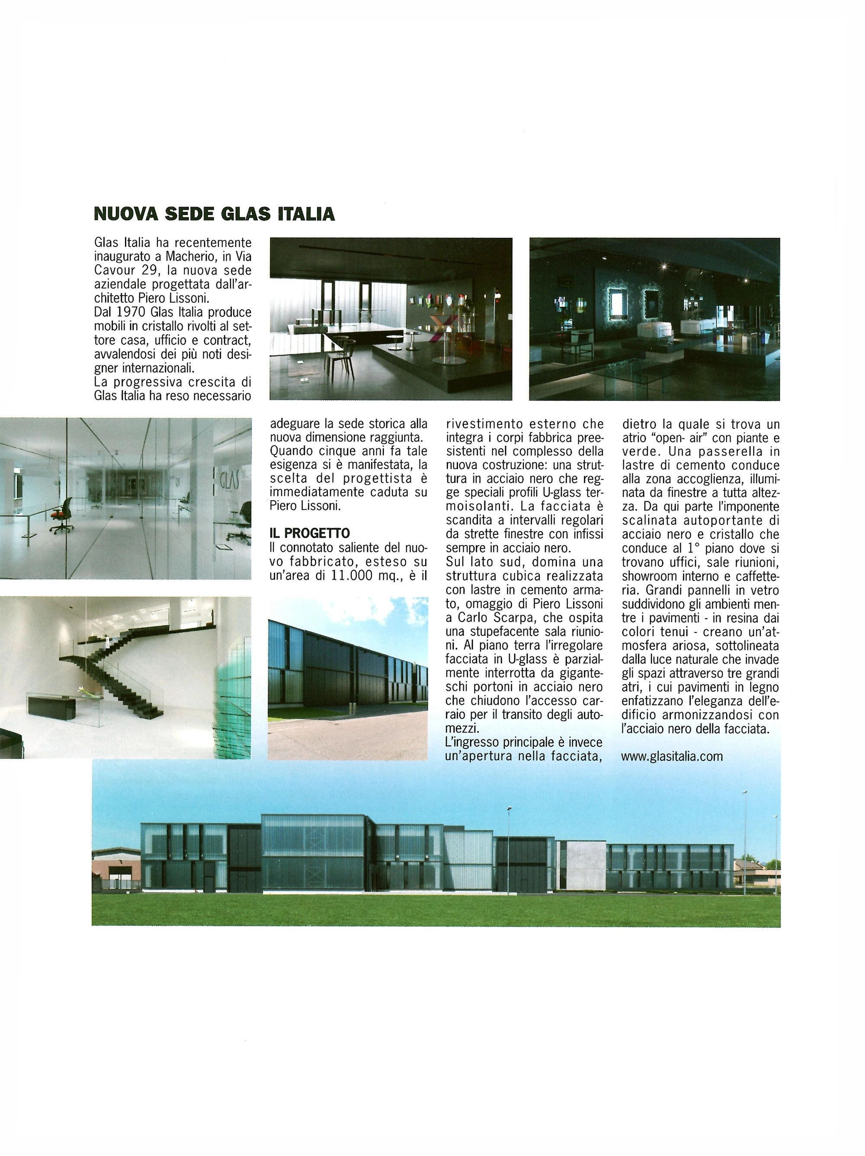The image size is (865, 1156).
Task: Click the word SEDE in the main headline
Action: [x=189, y=214]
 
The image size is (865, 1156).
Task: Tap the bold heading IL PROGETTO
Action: [x=310, y=533]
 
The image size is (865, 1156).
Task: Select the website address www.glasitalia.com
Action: [x=672, y=756]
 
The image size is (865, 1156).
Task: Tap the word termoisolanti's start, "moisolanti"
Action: [x=473, y=507]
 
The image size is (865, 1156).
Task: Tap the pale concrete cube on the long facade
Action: [x=586, y=865]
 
